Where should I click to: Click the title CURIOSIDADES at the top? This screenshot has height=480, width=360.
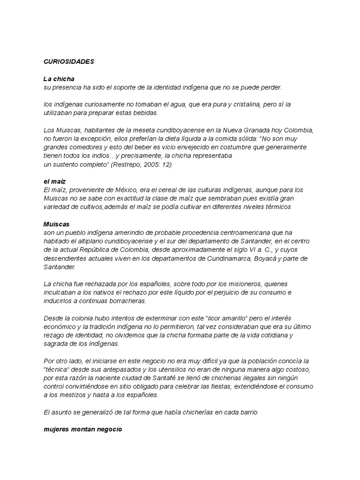click(69, 61)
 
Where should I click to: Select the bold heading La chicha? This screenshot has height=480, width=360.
click(59, 79)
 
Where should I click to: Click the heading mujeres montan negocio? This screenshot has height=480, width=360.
click(82, 429)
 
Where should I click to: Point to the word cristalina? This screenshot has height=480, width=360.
click(238, 104)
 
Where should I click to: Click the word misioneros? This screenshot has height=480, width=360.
click(255, 284)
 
